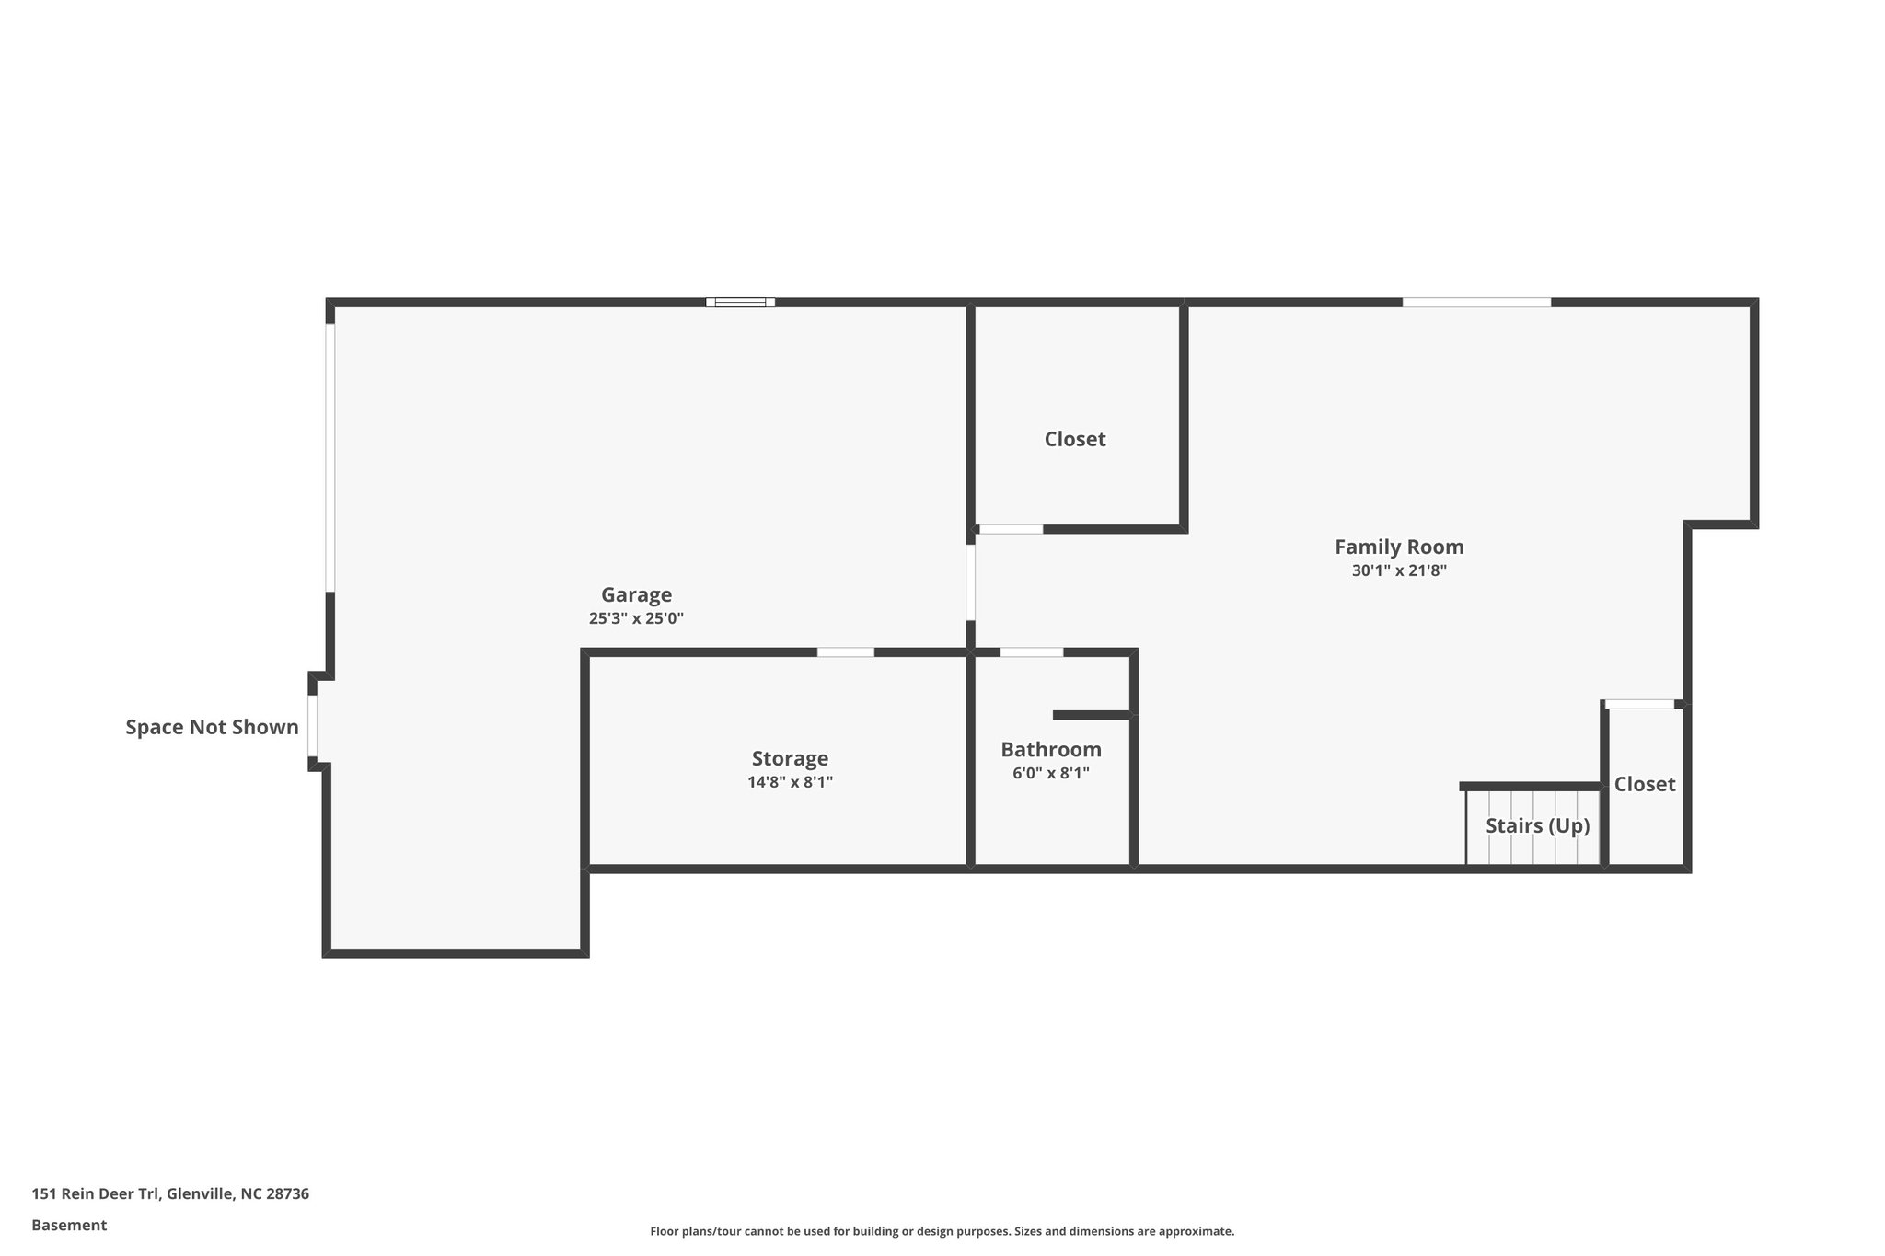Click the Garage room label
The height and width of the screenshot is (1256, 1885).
click(636, 595)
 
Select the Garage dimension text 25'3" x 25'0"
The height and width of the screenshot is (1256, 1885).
click(636, 619)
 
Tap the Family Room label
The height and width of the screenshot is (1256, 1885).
click(1399, 547)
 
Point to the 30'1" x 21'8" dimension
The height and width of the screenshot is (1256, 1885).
click(1399, 570)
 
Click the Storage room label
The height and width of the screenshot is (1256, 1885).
click(790, 759)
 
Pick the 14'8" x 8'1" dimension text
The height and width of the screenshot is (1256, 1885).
click(790, 783)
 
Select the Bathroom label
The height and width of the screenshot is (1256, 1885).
click(1051, 750)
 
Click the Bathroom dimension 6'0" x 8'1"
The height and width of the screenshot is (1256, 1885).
click(1051, 774)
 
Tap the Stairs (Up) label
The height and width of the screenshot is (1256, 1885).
click(1537, 826)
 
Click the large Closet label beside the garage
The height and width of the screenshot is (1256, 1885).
click(1075, 440)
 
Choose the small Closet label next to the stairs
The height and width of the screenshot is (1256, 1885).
click(1645, 784)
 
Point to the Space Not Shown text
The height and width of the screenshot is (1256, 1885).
click(212, 728)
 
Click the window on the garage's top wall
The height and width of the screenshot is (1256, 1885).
click(740, 302)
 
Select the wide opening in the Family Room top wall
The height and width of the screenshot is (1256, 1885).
click(1476, 302)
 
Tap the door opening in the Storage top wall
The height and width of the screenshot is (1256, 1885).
click(845, 652)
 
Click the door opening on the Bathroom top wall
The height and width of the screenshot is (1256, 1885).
click(1031, 652)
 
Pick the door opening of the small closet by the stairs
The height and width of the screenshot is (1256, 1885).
click(1639, 705)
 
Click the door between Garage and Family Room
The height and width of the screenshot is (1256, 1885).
click(970, 582)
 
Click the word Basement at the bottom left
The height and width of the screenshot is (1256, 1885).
click(69, 1226)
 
